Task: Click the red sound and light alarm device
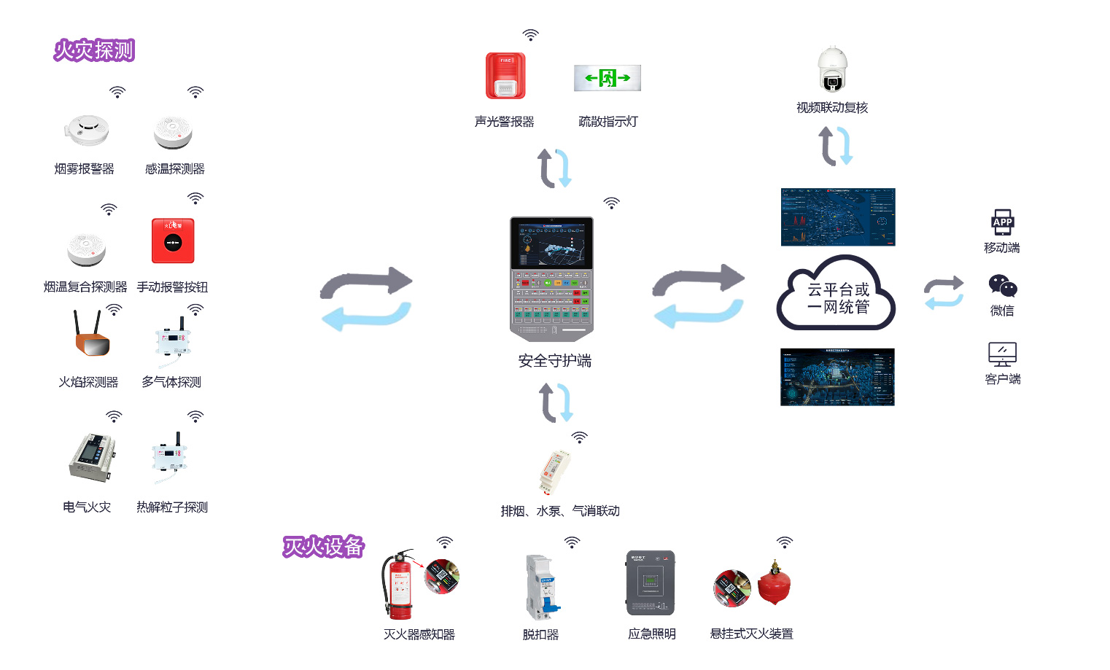505,76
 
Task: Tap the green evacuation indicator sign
608,78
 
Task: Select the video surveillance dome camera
832,70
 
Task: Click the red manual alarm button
173,241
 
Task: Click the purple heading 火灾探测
94,50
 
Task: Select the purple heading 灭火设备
323,546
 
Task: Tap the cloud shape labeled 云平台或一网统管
837,295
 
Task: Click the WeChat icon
1003,286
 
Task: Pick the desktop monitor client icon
1002,354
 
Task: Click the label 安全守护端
554,361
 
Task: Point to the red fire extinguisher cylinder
398,587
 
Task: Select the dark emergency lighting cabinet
651,583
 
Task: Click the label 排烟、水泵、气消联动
560,511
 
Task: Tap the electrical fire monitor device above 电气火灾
91,456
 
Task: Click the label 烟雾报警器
85,169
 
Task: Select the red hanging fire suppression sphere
774,584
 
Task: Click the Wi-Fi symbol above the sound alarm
531,35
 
